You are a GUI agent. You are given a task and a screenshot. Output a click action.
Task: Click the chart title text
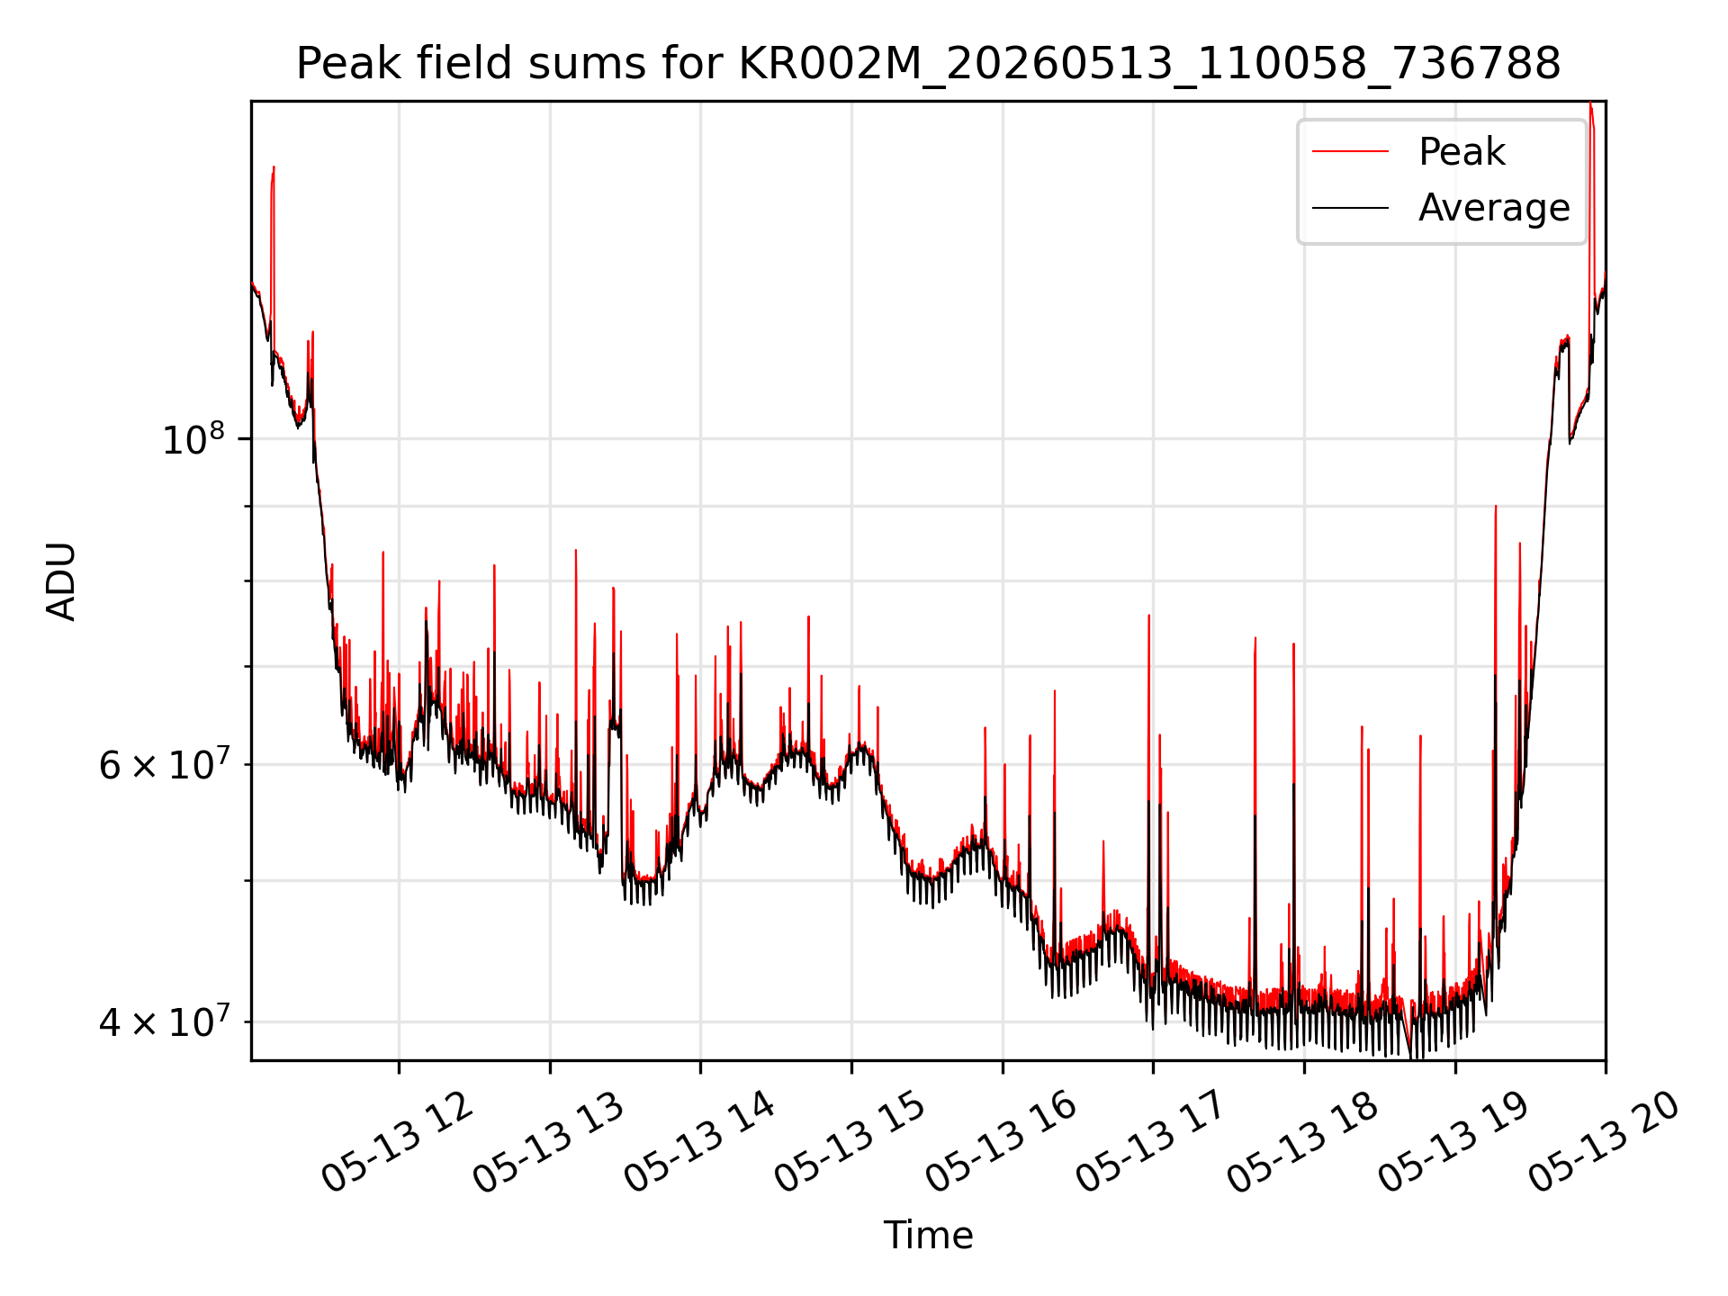[928, 64]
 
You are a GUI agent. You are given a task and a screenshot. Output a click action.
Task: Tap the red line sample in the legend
[1350, 151]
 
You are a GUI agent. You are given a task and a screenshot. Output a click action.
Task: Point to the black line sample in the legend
[1350, 208]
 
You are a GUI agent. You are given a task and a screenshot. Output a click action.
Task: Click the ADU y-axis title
[61, 580]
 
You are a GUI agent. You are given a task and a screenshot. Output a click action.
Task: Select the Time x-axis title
[928, 1235]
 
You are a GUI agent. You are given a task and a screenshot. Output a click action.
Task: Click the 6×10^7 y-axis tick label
[164, 764]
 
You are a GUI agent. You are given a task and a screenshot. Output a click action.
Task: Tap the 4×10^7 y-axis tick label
[164, 1021]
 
